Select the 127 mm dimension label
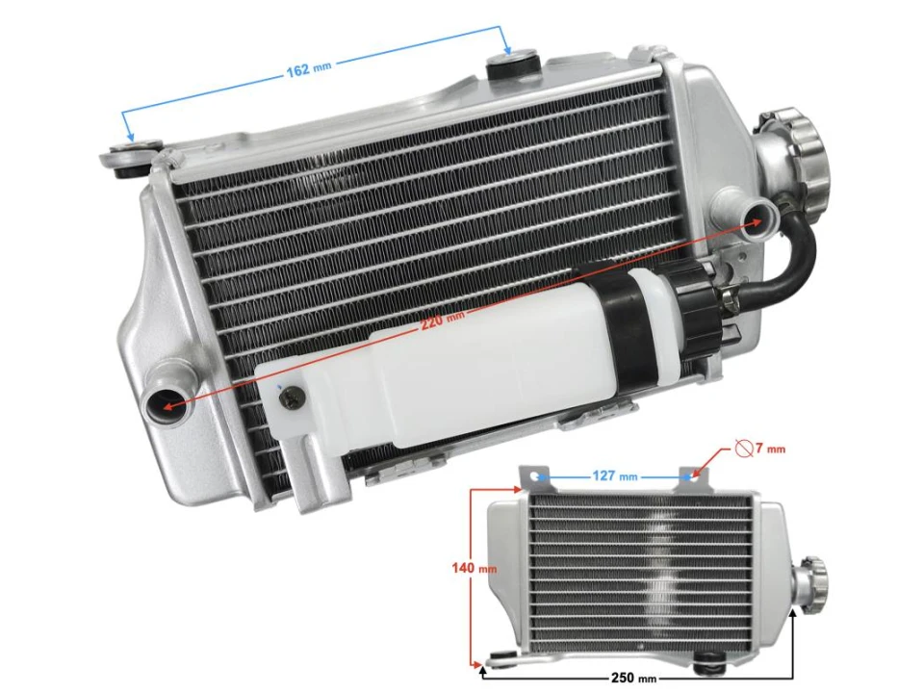[x=615, y=475]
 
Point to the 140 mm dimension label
[x=474, y=568]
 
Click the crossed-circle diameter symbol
[x=742, y=448]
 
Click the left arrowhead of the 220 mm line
[x=168, y=408]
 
